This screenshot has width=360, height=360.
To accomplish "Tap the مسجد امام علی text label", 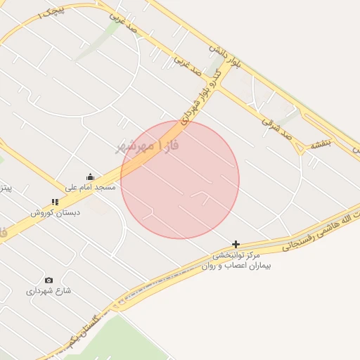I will coord(90,187).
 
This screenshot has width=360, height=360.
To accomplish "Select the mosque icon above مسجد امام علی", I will coord(90,177).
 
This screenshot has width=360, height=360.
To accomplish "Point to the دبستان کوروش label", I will coord(55,212).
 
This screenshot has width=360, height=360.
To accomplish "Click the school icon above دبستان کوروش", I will coord(55,202).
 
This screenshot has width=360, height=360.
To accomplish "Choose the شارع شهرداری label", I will coord(49,290).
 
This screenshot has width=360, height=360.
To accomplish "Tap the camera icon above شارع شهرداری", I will coord(49,280).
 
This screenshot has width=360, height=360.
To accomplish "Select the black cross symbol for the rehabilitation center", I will coord(236,243).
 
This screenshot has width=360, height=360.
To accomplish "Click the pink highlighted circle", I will coord(180,180).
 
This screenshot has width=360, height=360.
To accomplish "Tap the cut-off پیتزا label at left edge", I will coord(5,188).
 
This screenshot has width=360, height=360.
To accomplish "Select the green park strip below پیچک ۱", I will coord(98,39).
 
